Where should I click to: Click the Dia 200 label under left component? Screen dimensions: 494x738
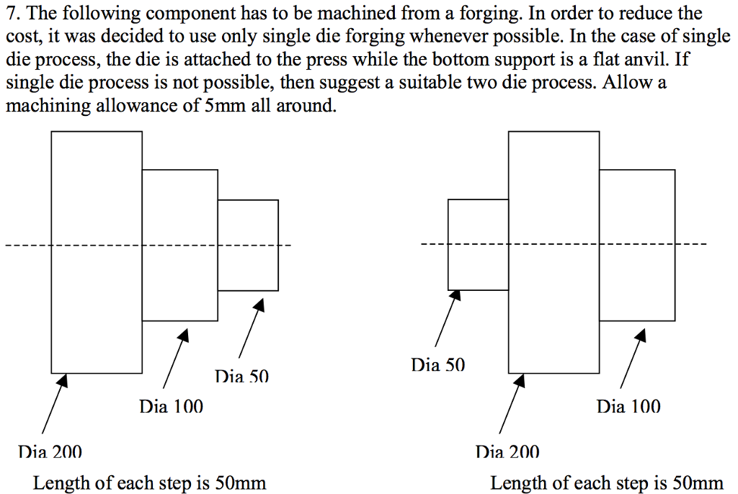tap(50, 452)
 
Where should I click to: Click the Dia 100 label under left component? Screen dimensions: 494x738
tap(172, 407)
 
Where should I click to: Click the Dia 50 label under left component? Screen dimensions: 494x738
tap(241, 376)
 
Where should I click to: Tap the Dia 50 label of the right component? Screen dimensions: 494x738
tap(438, 365)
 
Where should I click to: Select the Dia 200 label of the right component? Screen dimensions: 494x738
tap(507, 452)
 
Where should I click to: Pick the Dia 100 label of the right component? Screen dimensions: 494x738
tap(628, 407)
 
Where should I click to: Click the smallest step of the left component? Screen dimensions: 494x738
tap(248, 246)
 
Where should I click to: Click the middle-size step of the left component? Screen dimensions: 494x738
tap(180, 246)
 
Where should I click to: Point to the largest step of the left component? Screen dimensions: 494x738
tap(97, 252)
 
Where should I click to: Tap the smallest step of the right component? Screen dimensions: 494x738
tap(479, 245)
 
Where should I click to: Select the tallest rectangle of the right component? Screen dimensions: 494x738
tap(553, 252)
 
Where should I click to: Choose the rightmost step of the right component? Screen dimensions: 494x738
tap(637, 246)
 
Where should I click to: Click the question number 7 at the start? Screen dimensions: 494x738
tap(10, 14)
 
